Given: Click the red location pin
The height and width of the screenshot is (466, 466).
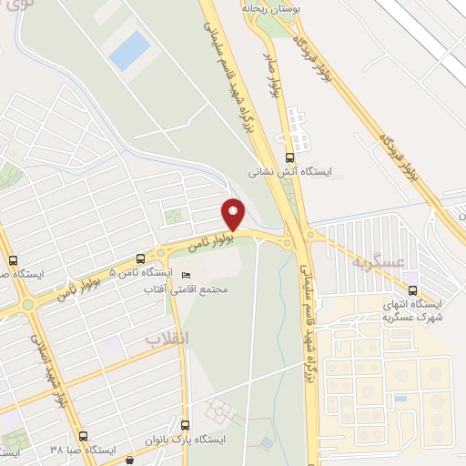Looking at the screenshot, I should point(234,214).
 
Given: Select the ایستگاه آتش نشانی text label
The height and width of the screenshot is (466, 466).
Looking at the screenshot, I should point(291,170).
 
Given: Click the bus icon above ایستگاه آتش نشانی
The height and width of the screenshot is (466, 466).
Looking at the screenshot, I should point(289,155).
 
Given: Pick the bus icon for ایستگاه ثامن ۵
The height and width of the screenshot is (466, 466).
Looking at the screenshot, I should point(139,258).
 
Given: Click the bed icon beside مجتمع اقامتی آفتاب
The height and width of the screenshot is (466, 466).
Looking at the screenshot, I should point(187,276).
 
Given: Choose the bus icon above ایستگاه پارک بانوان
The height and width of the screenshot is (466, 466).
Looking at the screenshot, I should point(186,424).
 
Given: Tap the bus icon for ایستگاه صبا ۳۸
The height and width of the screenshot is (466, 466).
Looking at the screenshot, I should point(83,436).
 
